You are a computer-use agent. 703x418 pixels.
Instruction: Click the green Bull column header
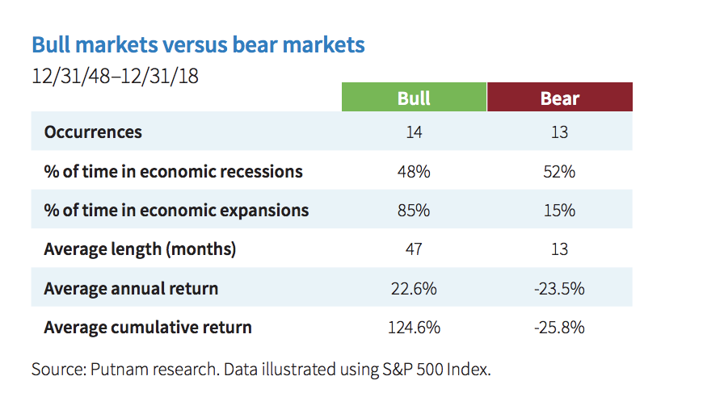pos(414,98)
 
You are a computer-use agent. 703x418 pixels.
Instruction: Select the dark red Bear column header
pos(559,98)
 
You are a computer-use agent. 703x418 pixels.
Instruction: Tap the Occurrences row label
pos(93,132)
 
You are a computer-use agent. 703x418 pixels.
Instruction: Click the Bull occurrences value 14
pos(414,132)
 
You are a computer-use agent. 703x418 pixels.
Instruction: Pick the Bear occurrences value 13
pos(559,132)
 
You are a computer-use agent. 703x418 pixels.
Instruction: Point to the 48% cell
pos(414,172)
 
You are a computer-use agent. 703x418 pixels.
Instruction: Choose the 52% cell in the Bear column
pos(559,172)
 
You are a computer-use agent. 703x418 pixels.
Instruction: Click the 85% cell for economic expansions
pos(414,211)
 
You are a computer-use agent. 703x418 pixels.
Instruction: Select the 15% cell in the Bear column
pos(559,211)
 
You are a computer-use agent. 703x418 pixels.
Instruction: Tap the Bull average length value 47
pos(414,249)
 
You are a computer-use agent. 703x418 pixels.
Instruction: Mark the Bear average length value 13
pos(559,249)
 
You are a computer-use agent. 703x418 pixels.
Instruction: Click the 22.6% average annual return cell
pos(414,289)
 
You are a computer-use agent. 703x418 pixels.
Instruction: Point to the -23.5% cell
pos(559,289)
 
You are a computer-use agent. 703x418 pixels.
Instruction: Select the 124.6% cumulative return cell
pos(414,328)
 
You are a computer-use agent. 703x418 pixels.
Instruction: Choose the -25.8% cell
pos(559,328)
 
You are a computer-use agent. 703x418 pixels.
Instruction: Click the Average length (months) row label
pos(140,249)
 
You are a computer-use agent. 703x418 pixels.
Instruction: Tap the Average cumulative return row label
pos(148,328)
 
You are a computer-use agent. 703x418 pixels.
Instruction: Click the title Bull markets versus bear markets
pos(198,44)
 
